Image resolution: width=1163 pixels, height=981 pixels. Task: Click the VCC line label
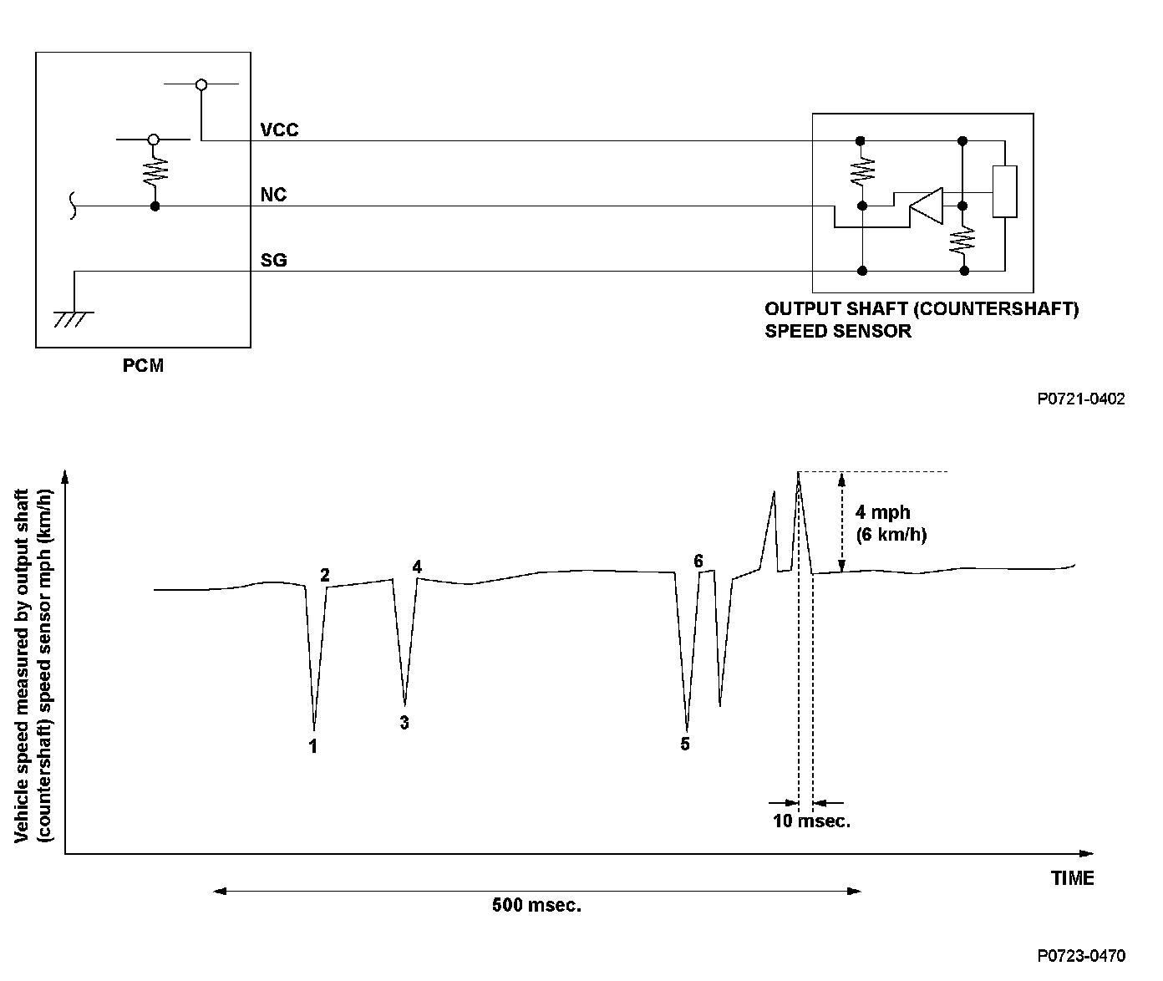(279, 130)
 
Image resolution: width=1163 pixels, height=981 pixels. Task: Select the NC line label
(273, 195)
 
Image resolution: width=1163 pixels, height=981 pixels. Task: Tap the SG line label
(273, 261)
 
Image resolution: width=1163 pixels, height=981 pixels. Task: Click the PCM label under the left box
(143, 366)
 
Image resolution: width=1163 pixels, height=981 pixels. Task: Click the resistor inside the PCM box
(154, 172)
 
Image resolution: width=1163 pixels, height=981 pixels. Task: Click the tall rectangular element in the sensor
(1004, 191)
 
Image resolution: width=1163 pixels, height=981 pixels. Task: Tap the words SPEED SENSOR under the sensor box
(837, 331)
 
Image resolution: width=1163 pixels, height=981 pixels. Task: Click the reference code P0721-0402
(1081, 399)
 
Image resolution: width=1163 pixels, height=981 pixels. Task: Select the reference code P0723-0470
(1081, 956)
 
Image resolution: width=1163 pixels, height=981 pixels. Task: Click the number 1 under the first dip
(313, 746)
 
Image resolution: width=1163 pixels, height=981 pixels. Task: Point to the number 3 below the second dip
(404, 723)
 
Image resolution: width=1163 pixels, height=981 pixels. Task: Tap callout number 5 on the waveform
(685, 744)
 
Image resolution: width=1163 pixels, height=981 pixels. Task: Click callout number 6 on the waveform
(698, 561)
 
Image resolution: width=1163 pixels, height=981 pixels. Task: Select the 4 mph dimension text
(882, 513)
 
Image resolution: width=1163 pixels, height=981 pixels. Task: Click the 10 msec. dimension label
(811, 821)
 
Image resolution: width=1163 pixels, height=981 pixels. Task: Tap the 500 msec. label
(536, 905)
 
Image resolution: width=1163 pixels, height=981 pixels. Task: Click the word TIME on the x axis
(1072, 878)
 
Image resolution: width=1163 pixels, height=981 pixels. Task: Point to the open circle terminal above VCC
(201, 84)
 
